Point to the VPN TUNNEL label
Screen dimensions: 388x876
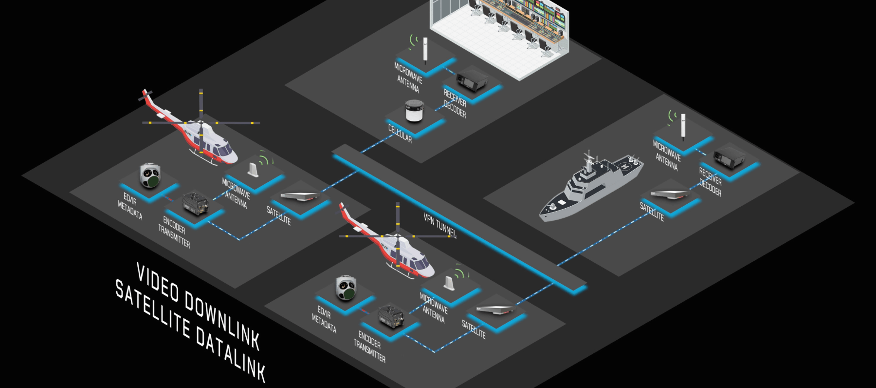[x=440, y=225]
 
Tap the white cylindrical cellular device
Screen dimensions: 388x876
[x=415, y=111]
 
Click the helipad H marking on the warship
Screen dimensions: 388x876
[x=625, y=167]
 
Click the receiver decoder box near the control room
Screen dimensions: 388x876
[x=471, y=79]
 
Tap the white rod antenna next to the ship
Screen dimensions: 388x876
[x=683, y=126]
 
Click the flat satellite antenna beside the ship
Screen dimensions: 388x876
[x=669, y=194]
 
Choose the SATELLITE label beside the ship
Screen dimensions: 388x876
[x=652, y=212]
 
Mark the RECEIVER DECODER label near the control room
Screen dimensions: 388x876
[x=455, y=103]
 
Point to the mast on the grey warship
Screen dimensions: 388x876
[x=590, y=161]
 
